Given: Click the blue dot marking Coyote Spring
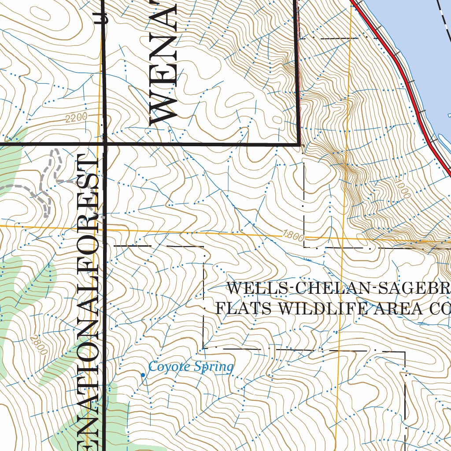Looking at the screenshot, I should click(143, 375).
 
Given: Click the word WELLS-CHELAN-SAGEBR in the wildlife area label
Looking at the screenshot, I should click(337, 289).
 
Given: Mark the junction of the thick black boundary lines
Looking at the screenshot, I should click(105, 144).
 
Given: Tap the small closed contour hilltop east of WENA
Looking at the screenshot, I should click(277, 119).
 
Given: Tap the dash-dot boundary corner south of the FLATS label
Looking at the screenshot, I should click(203, 347).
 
